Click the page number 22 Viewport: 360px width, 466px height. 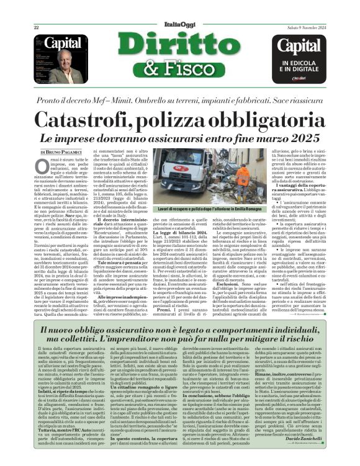[x=36, y=27]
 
